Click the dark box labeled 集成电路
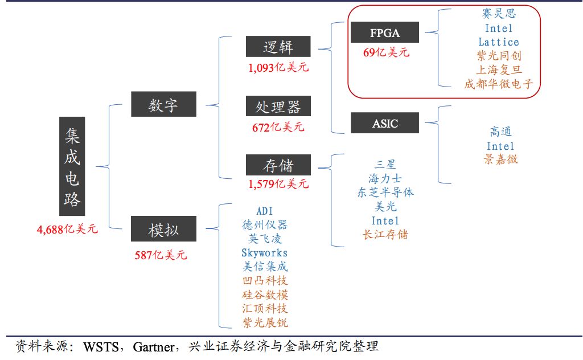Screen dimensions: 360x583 pyautogui.click(x=72, y=166)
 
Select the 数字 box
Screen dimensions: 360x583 pyautogui.click(x=163, y=105)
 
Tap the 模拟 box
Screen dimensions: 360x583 pyautogui.click(x=163, y=230)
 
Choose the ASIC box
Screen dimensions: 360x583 pyautogui.click(x=385, y=123)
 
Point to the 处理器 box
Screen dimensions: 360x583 pyautogui.click(x=278, y=106)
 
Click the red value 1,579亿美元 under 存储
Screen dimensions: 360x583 pyautogui.click(x=278, y=183)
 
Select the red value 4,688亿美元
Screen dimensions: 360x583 pyautogui.click(x=67, y=229)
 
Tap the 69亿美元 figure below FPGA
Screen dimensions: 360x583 pyautogui.click(x=386, y=52)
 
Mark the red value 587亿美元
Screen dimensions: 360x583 pyautogui.click(x=161, y=255)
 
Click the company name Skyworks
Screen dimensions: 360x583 pyautogui.click(x=264, y=252)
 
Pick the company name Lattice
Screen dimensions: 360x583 pyautogui.click(x=499, y=42)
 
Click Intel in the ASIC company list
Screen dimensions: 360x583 pyautogui.click(x=500, y=146)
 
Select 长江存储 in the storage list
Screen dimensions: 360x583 pyautogui.click(x=385, y=234)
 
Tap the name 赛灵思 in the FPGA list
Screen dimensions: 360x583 pyautogui.click(x=499, y=14)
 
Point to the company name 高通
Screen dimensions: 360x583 pyautogui.click(x=500, y=132)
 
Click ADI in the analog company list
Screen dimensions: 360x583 pyautogui.click(x=265, y=211)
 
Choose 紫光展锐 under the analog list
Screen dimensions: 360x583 pyautogui.click(x=265, y=323)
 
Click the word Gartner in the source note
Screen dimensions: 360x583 pyautogui.click(x=154, y=346)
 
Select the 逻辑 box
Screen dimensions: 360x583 pyautogui.click(x=278, y=47)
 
